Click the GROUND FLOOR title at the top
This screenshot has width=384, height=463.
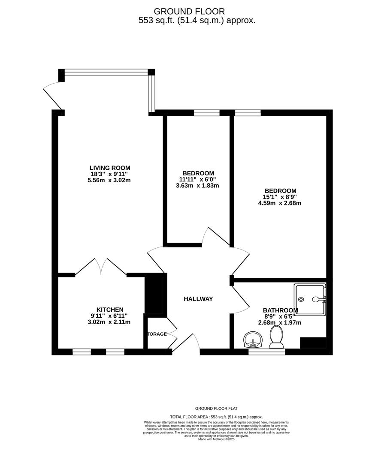[189, 12]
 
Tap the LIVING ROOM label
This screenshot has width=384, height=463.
[110, 168]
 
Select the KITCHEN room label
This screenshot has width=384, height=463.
[110, 310]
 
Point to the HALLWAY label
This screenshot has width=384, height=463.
[198, 299]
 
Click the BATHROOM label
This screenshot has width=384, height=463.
[280, 310]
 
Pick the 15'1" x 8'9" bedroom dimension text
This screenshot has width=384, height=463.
[281, 197]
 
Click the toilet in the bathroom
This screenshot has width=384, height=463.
[276, 337]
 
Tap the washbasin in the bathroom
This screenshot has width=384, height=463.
[254, 340]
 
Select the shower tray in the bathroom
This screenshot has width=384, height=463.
[310, 299]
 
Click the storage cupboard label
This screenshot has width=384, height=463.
[157, 334]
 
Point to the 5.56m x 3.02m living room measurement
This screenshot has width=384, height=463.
[110, 180]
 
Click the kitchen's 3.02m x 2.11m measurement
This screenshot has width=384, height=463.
[110, 322]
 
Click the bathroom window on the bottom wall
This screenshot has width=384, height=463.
[267, 352]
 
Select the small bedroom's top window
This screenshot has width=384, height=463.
[207, 113]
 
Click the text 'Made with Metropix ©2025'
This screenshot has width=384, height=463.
[216, 439]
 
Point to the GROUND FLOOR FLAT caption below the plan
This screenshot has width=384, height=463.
[216, 409]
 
